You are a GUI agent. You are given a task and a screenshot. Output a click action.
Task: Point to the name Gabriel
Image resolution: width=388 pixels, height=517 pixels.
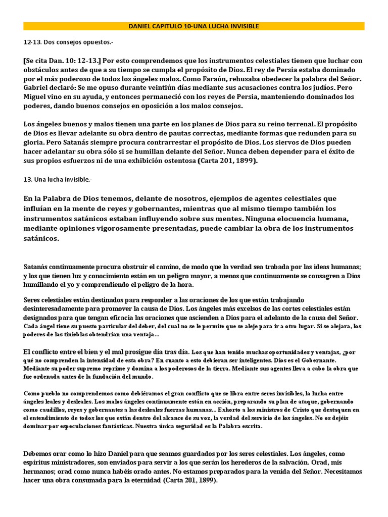36,87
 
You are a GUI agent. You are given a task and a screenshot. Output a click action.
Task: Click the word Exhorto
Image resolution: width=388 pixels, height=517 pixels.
232,410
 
